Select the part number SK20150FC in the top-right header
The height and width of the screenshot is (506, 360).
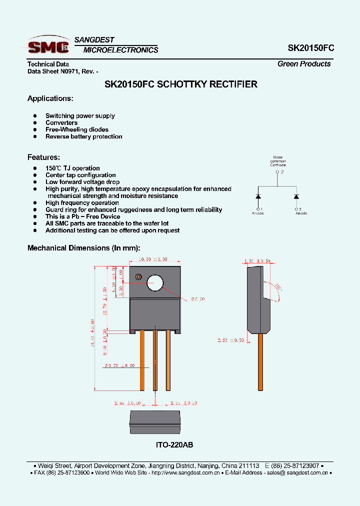(310, 48)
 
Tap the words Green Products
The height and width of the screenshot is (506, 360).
(304, 64)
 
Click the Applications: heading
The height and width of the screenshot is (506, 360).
(50, 98)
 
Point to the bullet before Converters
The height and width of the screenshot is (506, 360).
(35, 123)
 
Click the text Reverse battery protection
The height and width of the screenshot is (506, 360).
(83, 136)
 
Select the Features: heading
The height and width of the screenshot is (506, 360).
(43, 157)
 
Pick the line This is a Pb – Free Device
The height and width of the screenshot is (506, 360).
(82, 216)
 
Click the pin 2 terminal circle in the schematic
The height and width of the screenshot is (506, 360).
(277, 172)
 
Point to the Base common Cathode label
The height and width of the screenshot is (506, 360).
(277, 161)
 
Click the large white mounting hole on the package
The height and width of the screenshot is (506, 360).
(155, 283)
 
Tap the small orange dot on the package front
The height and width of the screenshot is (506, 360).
(138, 276)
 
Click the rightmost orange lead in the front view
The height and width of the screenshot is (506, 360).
(168, 360)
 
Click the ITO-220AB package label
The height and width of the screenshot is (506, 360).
(174, 444)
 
